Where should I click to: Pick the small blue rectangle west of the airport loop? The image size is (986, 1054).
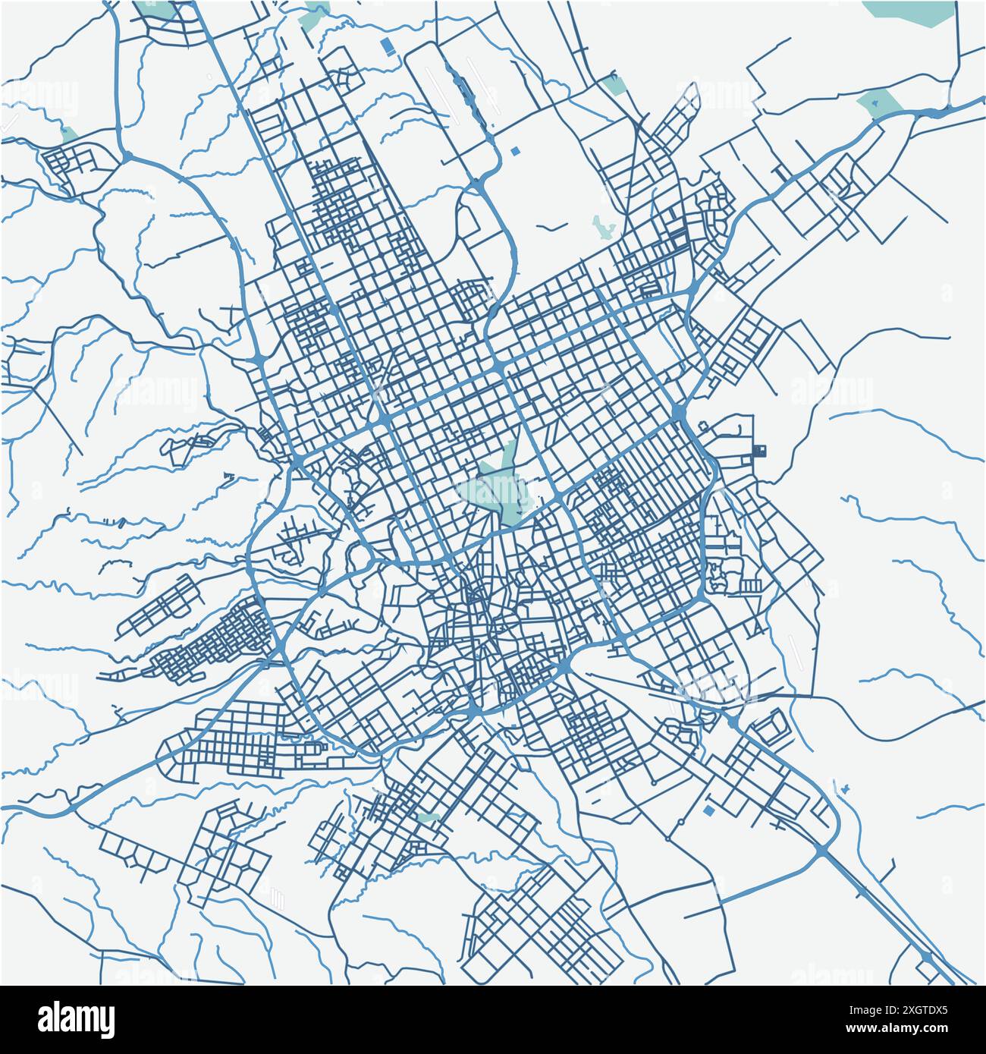(388, 47)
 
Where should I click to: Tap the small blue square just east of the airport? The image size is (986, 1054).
(517, 152)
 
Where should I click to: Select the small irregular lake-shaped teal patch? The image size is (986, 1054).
(603, 226)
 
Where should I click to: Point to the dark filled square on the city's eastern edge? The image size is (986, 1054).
(762, 451)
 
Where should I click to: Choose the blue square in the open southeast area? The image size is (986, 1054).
(709, 811)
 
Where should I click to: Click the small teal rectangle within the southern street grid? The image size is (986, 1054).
(428, 818)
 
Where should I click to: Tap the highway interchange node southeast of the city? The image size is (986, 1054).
(823, 851)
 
